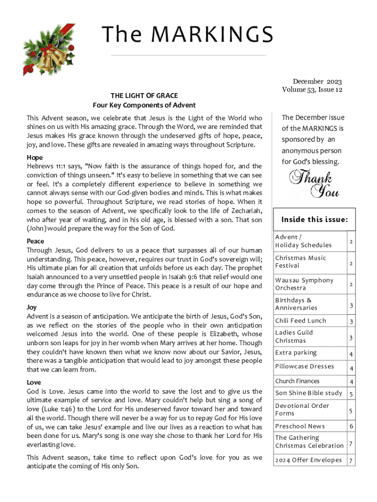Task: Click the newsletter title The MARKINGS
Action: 188,34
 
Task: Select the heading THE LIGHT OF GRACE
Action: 144,96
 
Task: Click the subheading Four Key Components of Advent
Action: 144,105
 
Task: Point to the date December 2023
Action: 317,81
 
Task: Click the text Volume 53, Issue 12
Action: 312,90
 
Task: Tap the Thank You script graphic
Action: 314,183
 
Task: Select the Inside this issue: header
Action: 314,220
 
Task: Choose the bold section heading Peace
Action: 35,241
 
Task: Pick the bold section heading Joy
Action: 31,307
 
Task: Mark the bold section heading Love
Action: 34,382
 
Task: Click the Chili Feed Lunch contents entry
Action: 300,321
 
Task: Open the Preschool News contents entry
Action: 300,427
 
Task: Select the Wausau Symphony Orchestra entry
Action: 304,284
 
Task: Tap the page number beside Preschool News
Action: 351,427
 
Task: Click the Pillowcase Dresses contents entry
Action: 304,367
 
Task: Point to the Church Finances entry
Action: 297,381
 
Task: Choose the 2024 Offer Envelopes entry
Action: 308,460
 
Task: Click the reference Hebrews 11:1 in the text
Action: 45,167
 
